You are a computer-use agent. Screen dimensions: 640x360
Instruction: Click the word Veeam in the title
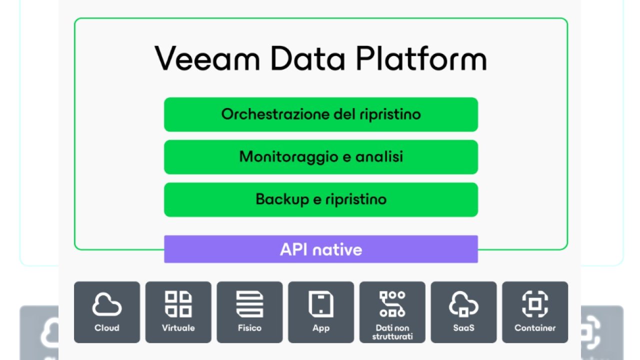[x=207, y=58]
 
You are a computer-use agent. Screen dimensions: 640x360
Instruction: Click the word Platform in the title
[x=421, y=58]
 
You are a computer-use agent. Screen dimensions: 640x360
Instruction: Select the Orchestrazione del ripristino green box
[x=321, y=114]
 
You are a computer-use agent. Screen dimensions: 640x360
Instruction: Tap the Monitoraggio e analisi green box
[x=321, y=157]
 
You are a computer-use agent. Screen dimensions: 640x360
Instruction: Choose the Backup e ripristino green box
[x=321, y=199]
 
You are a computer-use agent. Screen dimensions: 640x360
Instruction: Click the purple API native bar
[x=321, y=249]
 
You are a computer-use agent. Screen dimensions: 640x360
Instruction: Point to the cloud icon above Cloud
[x=107, y=304]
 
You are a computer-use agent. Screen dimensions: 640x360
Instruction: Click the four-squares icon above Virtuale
[x=178, y=304]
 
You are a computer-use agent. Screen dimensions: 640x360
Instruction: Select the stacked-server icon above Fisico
[x=249, y=304]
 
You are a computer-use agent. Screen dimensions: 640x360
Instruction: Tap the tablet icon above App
[x=321, y=304]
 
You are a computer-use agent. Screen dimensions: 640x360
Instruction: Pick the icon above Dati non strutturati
[x=392, y=304]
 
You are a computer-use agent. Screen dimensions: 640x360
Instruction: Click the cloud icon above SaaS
[x=463, y=304]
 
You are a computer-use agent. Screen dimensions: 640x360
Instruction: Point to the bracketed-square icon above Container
[x=535, y=304]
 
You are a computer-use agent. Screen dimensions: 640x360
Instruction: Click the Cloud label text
[x=107, y=328]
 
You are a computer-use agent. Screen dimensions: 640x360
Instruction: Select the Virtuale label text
[x=178, y=328]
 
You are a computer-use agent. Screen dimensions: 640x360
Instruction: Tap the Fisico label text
[x=249, y=328]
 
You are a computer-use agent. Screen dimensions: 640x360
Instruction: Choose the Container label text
[x=535, y=328]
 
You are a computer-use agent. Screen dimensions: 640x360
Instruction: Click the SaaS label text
[x=463, y=328]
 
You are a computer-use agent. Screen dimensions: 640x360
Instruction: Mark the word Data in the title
[x=307, y=58]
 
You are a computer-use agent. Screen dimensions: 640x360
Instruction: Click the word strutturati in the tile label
[x=392, y=336]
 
